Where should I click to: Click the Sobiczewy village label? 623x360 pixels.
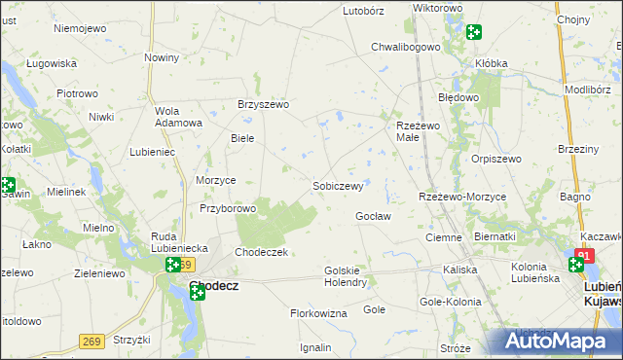(338, 185)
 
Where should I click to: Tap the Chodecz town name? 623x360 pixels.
(214, 287)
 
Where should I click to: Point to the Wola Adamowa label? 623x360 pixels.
(178, 116)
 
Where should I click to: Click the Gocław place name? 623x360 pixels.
(373, 215)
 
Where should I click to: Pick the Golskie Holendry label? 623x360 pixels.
(345, 275)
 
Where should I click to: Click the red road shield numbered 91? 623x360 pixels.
(584, 256)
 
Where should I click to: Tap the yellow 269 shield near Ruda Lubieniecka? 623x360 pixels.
(186, 265)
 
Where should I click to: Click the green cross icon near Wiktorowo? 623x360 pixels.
(473, 31)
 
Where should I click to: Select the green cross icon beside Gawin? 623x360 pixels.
(7, 184)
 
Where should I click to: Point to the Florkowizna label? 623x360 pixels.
(318, 313)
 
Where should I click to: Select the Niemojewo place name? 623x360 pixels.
(80, 28)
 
